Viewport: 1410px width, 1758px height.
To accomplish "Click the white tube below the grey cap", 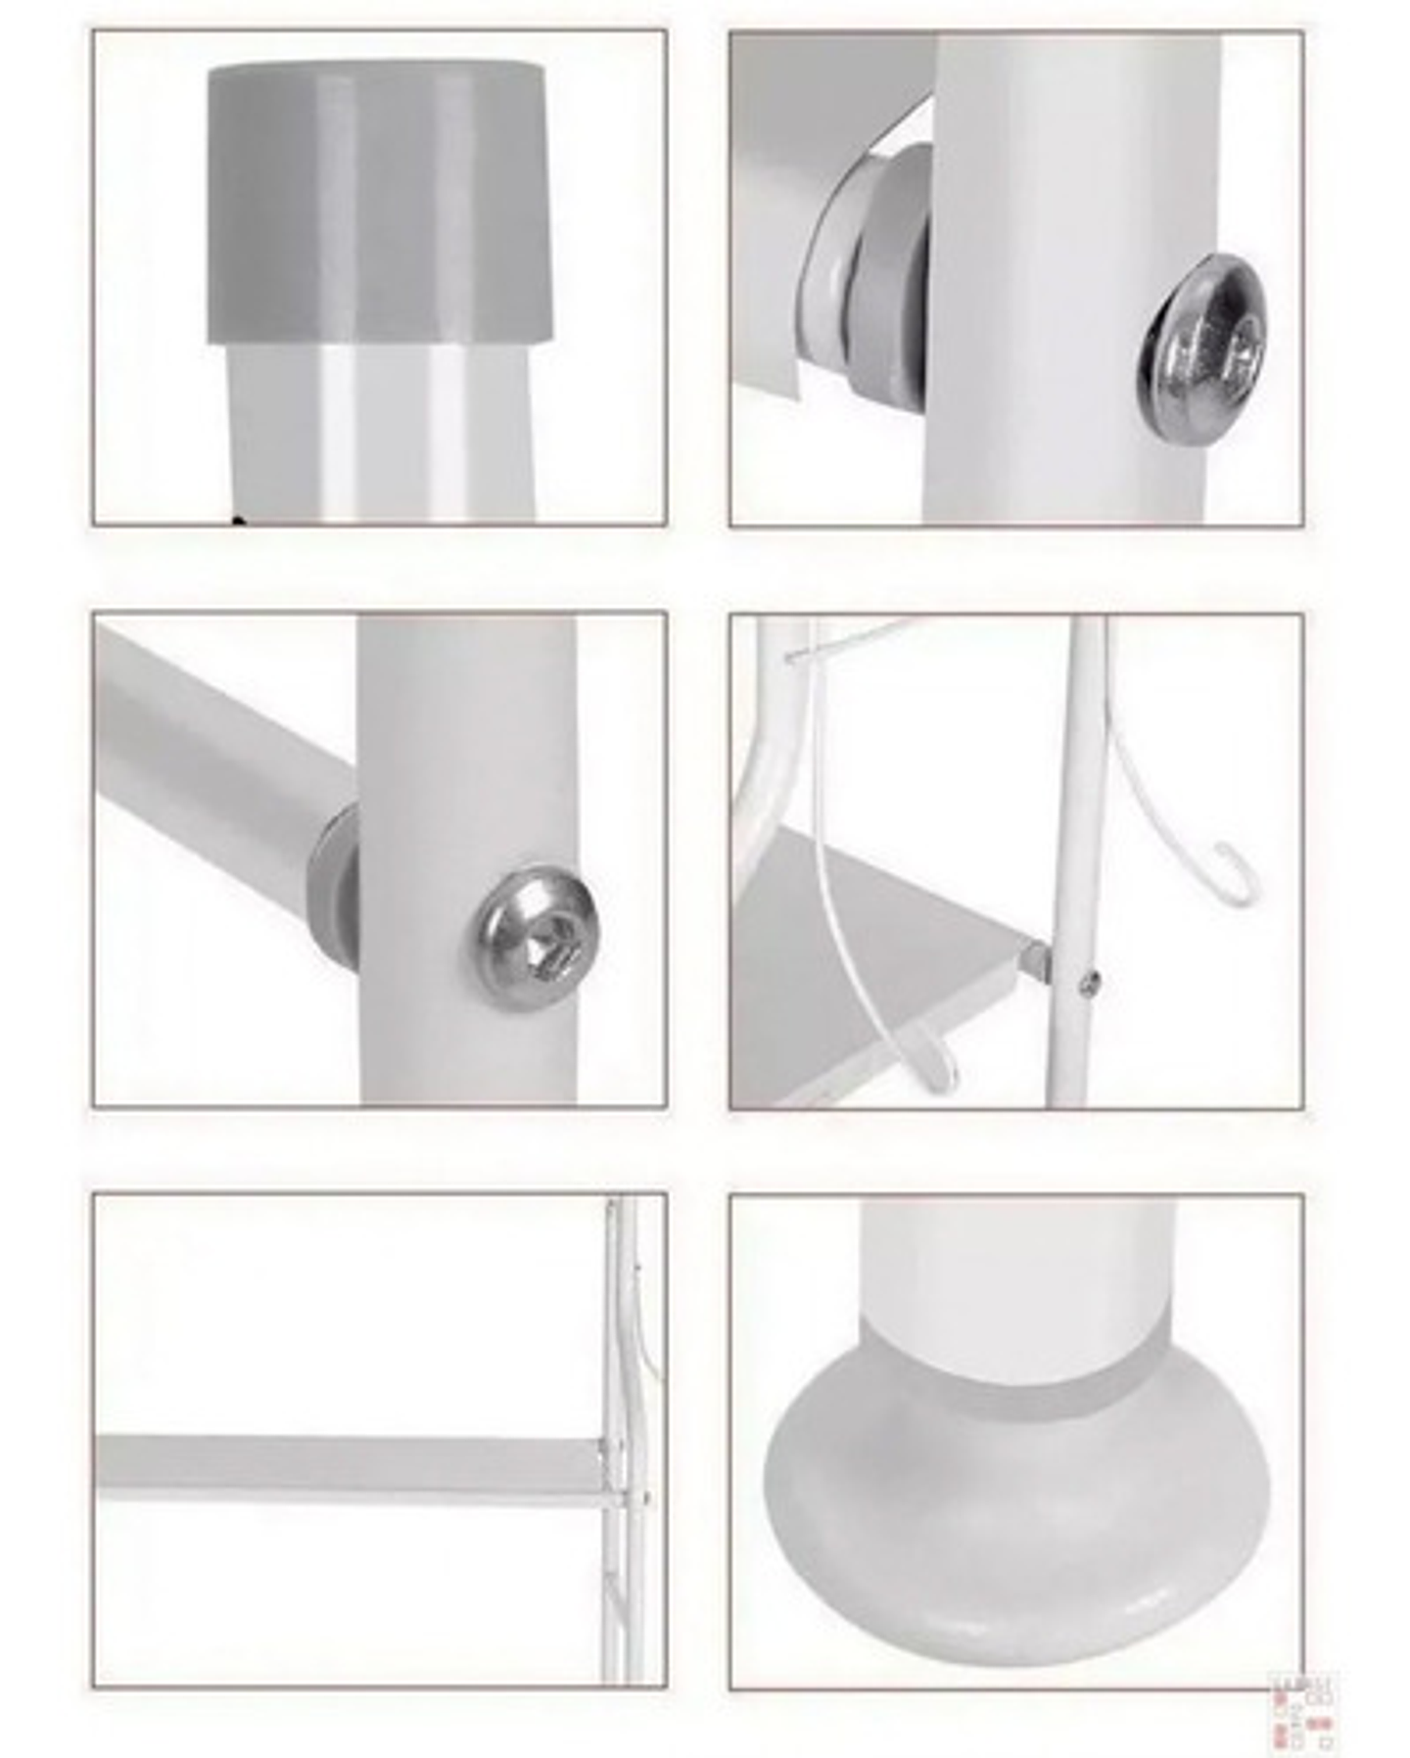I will [x=382, y=431].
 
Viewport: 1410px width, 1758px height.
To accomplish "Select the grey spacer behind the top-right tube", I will [x=881, y=284].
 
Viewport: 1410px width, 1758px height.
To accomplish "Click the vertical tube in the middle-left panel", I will [x=468, y=744].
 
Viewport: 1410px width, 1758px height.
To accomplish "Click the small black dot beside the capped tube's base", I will [x=236, y=521].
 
